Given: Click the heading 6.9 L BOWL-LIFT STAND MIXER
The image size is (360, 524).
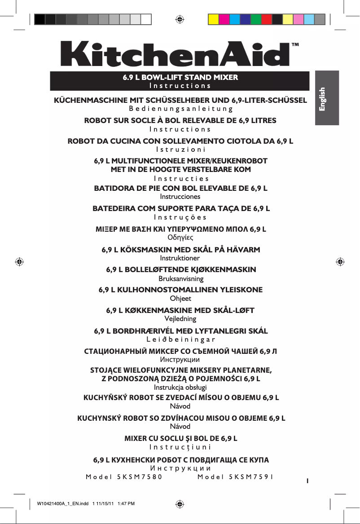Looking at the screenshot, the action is click(180, 77).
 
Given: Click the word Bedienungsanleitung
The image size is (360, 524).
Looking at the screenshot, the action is click(180, 108).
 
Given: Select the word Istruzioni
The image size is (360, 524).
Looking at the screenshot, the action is click(180, 149).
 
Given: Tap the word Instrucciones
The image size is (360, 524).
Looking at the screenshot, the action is click(180, 197).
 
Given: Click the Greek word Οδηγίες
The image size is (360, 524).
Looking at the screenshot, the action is click(180, 237).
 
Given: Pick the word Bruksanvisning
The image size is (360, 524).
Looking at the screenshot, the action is click(180, 278).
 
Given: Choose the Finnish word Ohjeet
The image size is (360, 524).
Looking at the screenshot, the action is click(180, 298).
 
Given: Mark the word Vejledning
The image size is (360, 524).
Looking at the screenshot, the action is click(180, 319).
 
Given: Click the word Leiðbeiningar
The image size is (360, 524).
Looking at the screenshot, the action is click(180, 339).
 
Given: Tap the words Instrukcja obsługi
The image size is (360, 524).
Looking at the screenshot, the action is click(180, 387).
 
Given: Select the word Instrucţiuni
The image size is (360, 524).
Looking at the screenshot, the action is click(180, 447).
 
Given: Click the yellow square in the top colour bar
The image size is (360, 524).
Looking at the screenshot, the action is click(213, 19).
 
